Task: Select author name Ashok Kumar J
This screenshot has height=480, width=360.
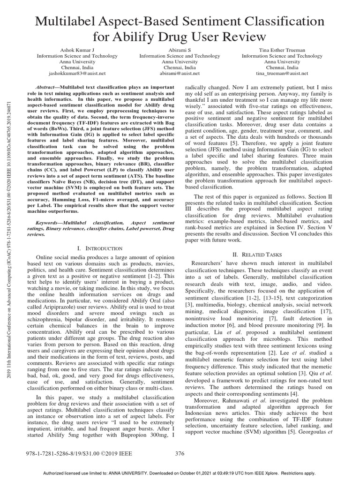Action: pyautogui.click(x=77, y=49)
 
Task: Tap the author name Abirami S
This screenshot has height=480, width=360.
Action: pyautogui.click(x=180, y=49)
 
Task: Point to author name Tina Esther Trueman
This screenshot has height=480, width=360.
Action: pyautogui.click(x=282, y=49)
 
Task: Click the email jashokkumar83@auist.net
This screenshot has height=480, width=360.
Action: pyautogui.click(x=77, y=74)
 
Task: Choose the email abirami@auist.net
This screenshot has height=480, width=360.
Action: pyautogui.click(x=180, y=74)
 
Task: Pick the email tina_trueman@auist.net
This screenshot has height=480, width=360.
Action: pyautogui.click(x=282, y=74)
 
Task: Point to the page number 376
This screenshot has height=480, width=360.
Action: pyautogui.click(x=180, y=453)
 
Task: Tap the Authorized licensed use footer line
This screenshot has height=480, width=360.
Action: pyautogui.click(x=180, y=473)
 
